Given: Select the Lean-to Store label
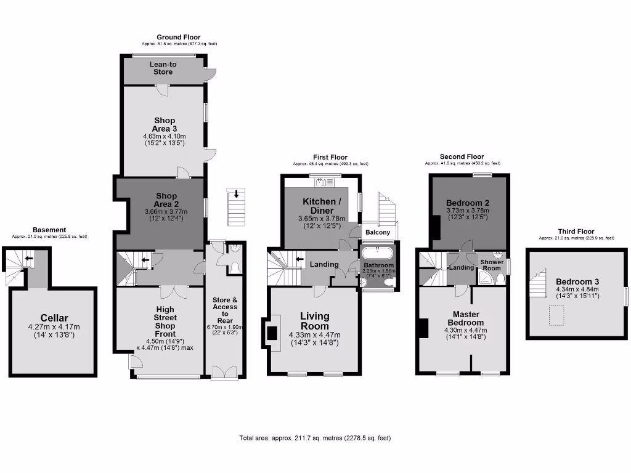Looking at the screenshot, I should click(x=163, y=68).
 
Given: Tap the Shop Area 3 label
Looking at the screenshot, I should click(x=165, y=124).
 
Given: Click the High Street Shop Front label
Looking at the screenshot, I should click(x=165, y=321).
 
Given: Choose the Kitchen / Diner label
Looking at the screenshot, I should click(x=319, y=206).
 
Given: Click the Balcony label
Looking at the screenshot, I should click(x=378, y=232).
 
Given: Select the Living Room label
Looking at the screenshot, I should click(x=315, y=321).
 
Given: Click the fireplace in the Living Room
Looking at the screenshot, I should click(x=271, y=333).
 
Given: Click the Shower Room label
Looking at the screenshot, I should click(x=492, y=265).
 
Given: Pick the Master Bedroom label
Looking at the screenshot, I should click(x=466, y=318).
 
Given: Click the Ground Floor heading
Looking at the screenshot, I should click(x=178, y=38).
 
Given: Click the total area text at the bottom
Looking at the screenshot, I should click(x=315, y=438).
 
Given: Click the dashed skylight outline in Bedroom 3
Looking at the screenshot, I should click(x=559, y=316).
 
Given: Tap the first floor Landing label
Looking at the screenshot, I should click(x=324, y=264).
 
